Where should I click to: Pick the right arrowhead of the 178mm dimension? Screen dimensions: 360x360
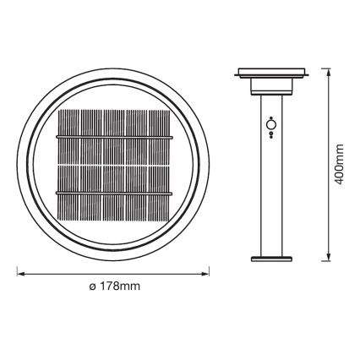click(x=209, y=273)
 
